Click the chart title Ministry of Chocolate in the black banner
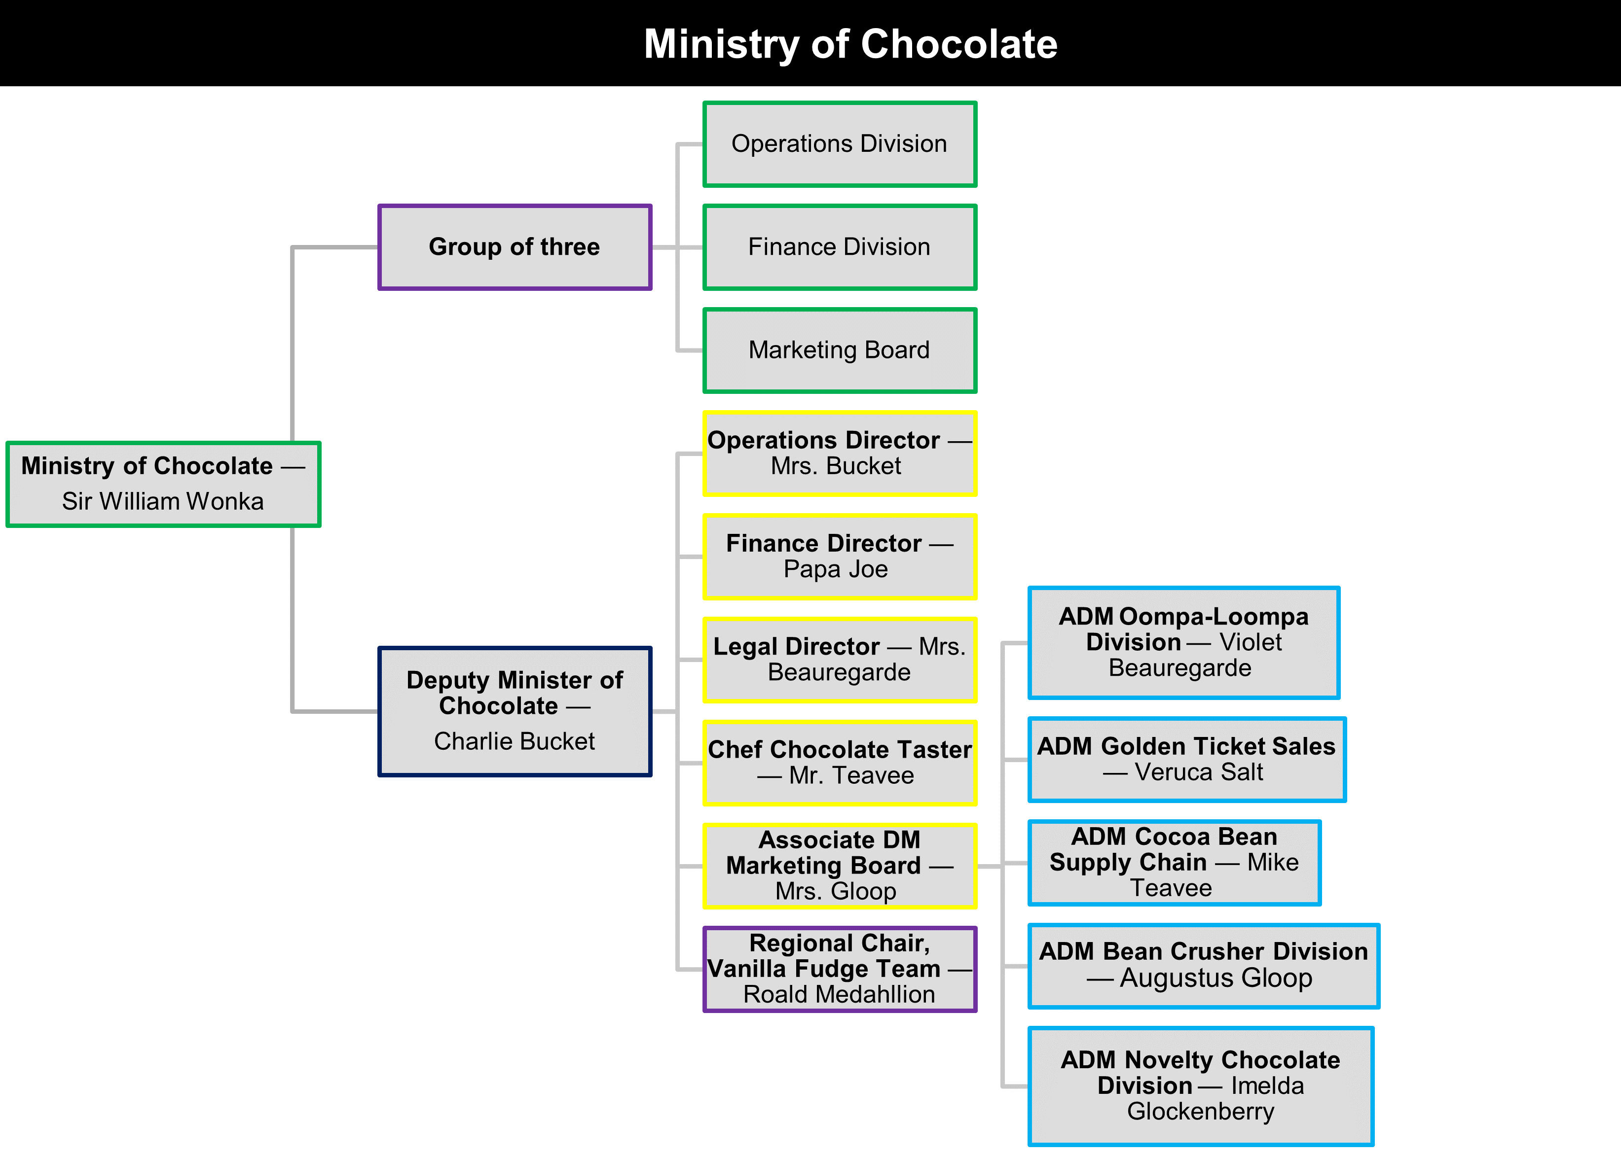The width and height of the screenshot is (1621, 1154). (x=850, y=44)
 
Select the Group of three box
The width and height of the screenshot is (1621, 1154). (x=515, y=247)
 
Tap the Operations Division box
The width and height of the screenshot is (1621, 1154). (x=840, y=144)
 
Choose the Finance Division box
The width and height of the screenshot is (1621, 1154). (x=840, y=247)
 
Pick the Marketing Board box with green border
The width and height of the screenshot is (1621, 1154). (x=840, y=350)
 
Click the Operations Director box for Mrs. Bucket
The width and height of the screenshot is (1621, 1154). (x=840, y=454)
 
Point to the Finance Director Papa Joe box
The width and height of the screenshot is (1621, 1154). (x=840, y=557)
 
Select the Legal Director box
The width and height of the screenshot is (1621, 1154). (x=840, y=660)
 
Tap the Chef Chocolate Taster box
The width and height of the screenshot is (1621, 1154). (x=840, y=763)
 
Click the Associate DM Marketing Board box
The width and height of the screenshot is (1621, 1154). (x=840, y=866)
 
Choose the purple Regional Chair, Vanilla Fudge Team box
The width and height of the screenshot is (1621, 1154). (x=840, y=969)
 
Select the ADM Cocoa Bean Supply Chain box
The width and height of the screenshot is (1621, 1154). (x=1175, y=863)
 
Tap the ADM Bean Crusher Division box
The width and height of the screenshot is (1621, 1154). (x=1204, y=966)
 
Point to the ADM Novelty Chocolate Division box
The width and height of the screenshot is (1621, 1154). (x=1201, y=1086)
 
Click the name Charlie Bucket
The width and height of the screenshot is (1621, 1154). (x=515, y=741)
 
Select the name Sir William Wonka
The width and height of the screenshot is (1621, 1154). (x=163, y=502)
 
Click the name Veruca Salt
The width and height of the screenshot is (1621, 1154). (x=1199, y=772)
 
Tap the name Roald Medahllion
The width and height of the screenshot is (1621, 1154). (x=840, y=995)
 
